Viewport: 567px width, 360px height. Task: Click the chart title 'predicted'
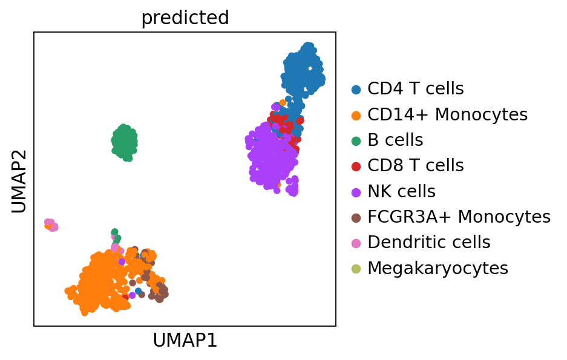[185, 18]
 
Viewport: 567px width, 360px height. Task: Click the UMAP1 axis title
[185, 341]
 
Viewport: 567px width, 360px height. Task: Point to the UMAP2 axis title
[19, 180]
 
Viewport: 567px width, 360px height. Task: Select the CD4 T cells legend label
[415, 89]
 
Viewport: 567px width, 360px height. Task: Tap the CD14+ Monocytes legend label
[447, 114]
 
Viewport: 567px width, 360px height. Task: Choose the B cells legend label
[395, 140]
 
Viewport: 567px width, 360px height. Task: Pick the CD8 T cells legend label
[415, 166]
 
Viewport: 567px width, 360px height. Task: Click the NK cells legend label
[401, 191]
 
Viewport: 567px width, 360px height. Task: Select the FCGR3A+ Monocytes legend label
[459, 217]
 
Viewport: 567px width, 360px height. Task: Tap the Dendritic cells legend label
[428, 242]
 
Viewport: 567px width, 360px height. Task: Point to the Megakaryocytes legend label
[438, 268]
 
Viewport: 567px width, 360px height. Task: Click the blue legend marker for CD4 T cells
[356, 90]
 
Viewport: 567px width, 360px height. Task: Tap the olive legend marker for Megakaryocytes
[356, 269]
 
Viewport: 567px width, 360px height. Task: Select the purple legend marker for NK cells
[356, 192]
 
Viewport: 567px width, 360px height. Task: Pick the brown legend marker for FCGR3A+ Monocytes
[356, 217]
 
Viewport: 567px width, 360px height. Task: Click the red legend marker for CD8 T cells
[356, 166]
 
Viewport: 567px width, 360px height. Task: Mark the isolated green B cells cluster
[124, 142]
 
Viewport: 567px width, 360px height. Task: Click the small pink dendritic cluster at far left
[51, 225]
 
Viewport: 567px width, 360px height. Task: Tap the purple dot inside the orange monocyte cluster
[122, 261]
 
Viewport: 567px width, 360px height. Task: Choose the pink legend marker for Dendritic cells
[356, 243]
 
